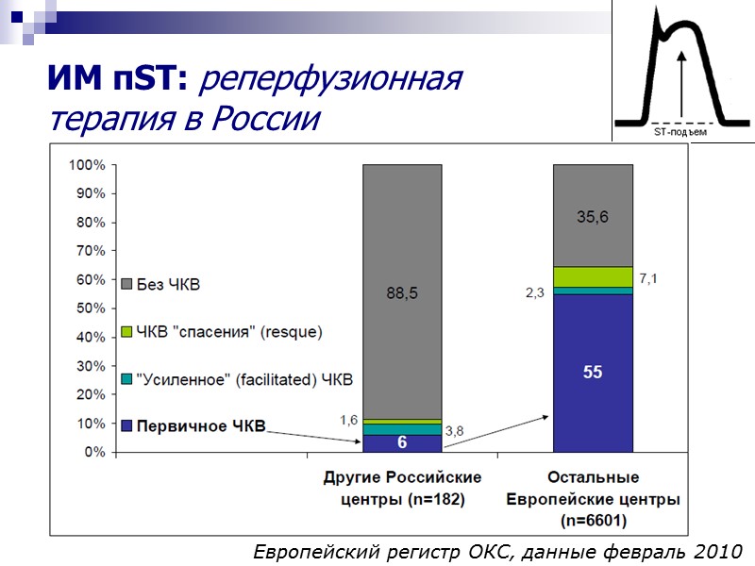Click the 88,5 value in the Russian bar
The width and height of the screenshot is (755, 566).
coord(401,293)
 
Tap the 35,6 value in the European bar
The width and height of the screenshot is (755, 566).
coord(593,217)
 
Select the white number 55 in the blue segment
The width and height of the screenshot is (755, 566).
coord(593,373)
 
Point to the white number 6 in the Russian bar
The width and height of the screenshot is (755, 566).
coord(401,443)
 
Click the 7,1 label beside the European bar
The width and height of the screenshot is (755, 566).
coord(649,277)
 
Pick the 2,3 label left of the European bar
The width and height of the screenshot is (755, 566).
coord(535,293)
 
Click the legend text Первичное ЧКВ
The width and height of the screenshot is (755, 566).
coord(200,426)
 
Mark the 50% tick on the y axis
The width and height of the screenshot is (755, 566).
coord(89,308)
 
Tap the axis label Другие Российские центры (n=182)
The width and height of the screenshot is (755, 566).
coord(402,488)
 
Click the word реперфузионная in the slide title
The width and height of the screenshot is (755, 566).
coord(330,81)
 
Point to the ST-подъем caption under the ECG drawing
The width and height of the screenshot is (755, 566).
coord(679,133)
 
